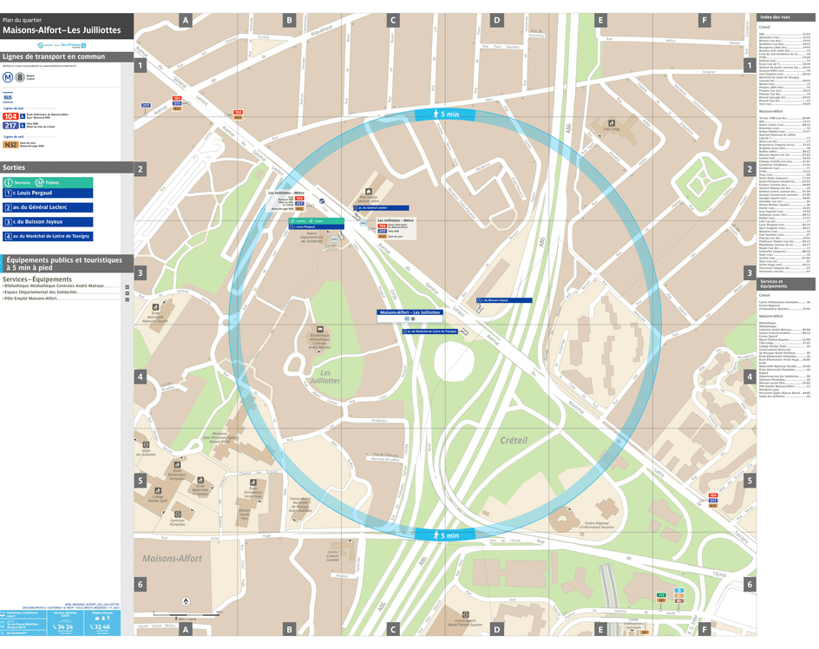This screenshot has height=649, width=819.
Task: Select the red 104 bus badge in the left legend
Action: (x=11, y=115)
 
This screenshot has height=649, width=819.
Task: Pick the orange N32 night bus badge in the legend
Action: (x=11, y=146)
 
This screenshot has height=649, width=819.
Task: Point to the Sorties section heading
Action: (x=15, y=167)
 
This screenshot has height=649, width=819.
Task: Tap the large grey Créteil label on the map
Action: (x=514, y=441)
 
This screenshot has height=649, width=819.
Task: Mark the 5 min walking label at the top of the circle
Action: (x=445, y=115)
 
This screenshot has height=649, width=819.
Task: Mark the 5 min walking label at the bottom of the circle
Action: (x=445, y=535)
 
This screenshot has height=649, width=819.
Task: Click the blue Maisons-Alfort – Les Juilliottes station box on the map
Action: (x=409, y=312)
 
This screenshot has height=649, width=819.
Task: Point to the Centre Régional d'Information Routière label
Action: (x=596, y=526)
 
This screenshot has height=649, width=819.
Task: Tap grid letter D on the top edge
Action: (x=496, y=20)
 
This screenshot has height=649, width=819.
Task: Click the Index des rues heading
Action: (x=775, y=17)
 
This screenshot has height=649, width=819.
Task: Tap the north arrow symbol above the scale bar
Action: (x=185, y=600)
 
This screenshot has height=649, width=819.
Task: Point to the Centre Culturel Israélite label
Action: (x=333, y=555)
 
